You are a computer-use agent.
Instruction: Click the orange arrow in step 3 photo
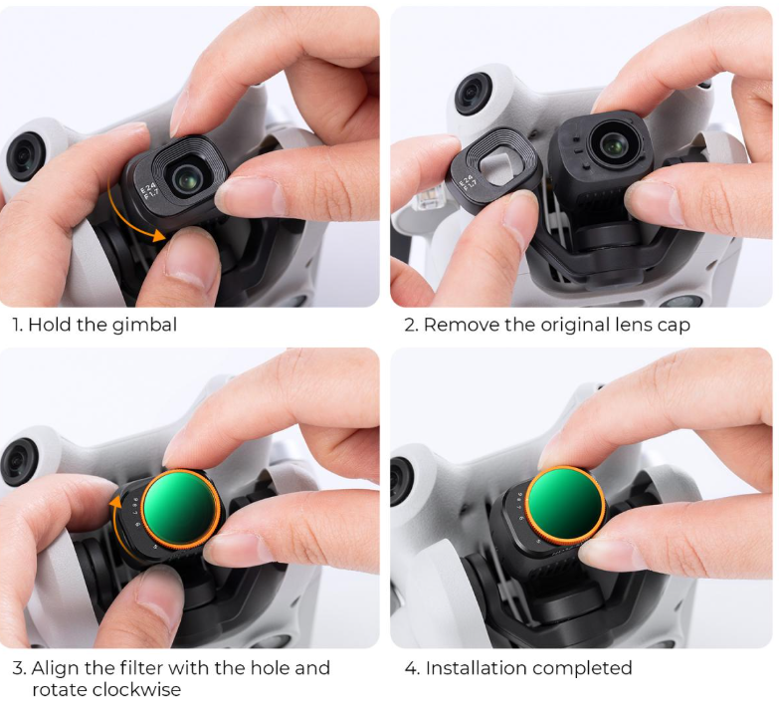(113, 523)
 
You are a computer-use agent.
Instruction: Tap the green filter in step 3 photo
(181, 507)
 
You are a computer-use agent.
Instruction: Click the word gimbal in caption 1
(145, 325)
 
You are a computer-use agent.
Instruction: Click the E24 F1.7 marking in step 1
(149, 190)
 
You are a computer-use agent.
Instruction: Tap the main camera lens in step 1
(185, 179)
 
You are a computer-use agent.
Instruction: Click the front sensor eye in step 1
(22, 156)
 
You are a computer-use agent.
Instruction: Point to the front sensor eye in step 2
(475, 94)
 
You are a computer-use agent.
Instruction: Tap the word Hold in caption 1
(50, 325)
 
